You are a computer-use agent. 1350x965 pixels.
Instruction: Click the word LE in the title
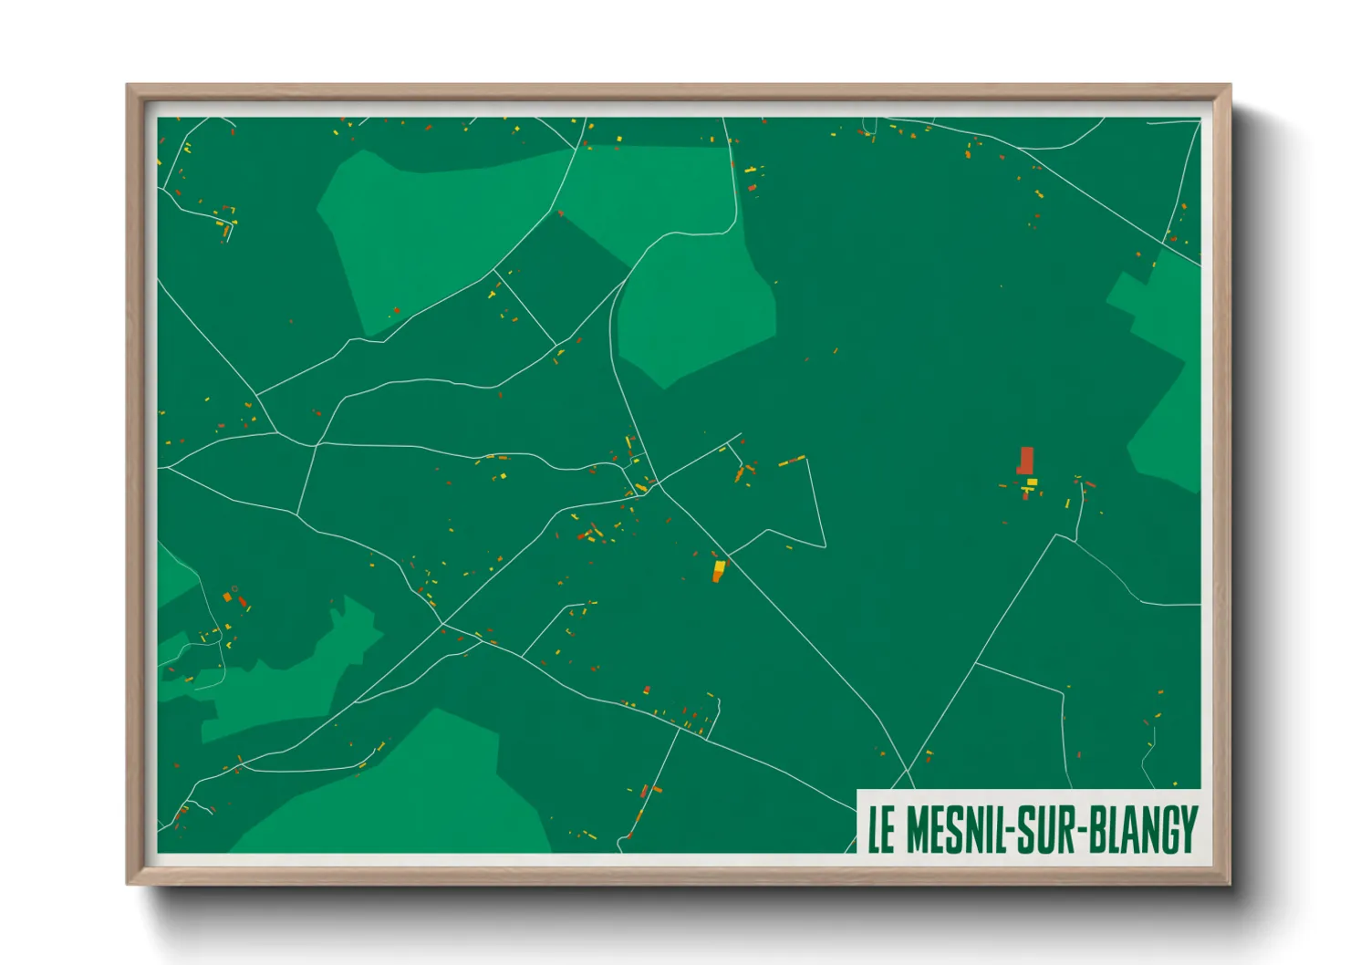[x=880, y=829]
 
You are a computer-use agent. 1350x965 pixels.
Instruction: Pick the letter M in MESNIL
[x=919, y=829]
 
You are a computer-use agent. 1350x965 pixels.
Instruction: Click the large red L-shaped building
[x=1026, y=460]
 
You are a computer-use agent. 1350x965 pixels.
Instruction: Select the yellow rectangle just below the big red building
[x=1032, y=482]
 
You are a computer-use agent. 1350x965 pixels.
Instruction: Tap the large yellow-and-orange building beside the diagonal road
[x=719, y=571]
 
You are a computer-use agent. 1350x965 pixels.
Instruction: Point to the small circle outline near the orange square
[x=234, y=589]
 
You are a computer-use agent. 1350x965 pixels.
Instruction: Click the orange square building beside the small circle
[x=227, y=597]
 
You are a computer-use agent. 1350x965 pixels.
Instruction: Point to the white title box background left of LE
[x=862, y=829]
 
